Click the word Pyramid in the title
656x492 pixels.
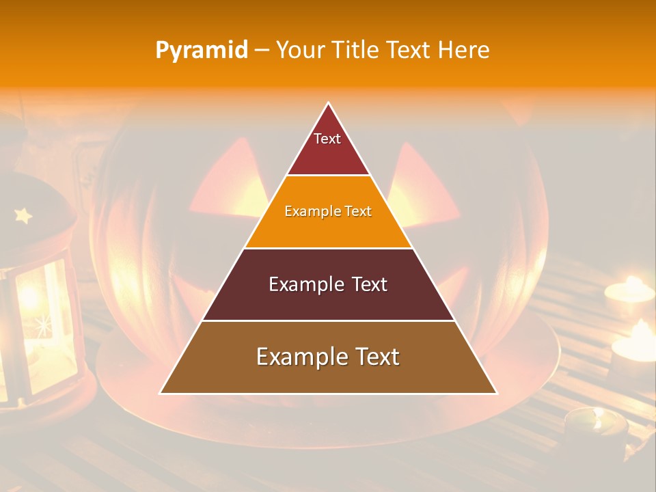(202, 51)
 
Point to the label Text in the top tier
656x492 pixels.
(327, 139)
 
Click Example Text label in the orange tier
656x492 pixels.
(328, 211)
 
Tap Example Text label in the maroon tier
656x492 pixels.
(328, 284)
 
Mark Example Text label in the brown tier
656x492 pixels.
(328, 357)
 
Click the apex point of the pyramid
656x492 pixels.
(328, 103)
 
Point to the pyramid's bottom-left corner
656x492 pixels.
(161, 393)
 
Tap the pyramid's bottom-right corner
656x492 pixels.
(496, 393)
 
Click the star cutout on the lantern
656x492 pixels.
(23, 216)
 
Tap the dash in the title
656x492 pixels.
(262, 51)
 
